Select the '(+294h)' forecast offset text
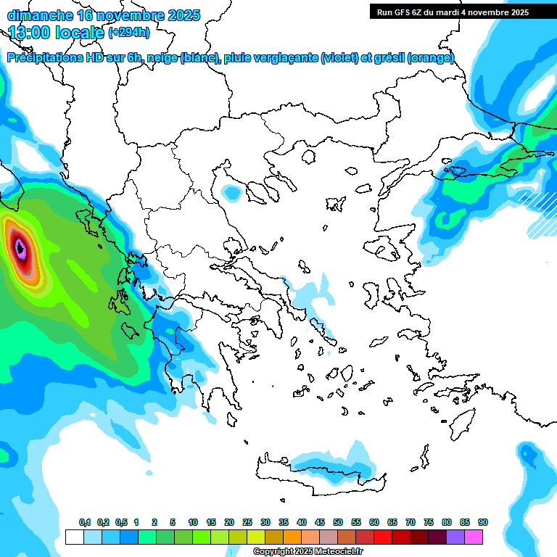click(129, 32)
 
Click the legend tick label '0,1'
click(85, 523)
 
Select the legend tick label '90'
click(483, 523)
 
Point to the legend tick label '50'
click(338, 523)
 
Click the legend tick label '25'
click(247, 523)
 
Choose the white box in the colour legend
click(74, 537)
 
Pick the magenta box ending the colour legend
click(474, 537)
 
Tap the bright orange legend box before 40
click(292, 537)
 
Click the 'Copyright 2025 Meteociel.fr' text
click(308, 552)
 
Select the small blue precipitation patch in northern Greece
click(231, 193)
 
